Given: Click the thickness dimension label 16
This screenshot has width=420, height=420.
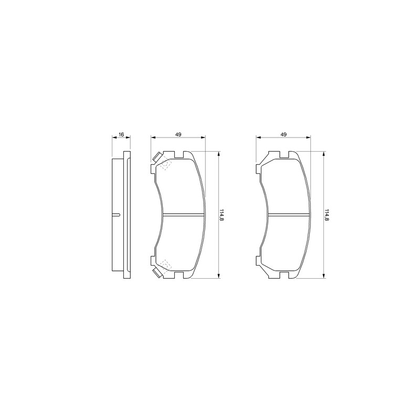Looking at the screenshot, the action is click(121, 134).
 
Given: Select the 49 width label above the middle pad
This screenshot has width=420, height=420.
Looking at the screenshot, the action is click(178, 134).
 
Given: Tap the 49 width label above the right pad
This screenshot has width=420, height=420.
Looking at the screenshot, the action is click(283, 134).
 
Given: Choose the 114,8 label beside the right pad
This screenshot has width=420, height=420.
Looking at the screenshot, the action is click(327, 215).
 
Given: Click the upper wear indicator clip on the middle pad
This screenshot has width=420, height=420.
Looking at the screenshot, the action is click(157, 157).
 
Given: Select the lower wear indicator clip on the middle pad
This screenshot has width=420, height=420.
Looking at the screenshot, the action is click(157, 272).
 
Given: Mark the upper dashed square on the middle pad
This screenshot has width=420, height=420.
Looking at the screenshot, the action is click(166, 164).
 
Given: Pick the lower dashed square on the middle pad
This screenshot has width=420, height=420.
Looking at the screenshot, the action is click(166, 266).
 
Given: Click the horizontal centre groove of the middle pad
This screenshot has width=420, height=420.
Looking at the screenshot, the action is click(183, 215).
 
